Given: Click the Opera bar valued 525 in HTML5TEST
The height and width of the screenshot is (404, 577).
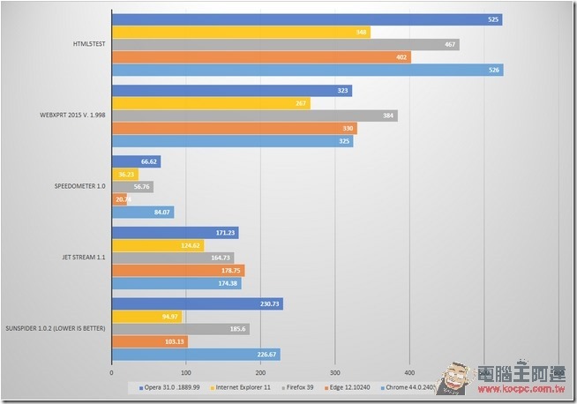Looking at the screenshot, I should [x=306, y=19].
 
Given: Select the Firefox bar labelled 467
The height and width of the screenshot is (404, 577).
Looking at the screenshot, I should [x=285, y=45].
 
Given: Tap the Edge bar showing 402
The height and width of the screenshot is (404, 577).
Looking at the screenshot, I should [x=261, y=57].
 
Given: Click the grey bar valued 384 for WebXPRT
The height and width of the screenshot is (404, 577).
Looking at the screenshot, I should [x=254, y=116].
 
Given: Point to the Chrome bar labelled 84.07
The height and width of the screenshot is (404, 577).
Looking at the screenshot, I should [x=142, y=212].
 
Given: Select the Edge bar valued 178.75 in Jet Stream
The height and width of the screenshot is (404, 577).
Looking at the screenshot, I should [x=177, y=271].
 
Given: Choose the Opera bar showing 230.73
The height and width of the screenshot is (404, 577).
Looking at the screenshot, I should [x=197, y=304].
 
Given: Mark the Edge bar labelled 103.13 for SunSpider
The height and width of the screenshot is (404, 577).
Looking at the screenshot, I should [x=150, y=341].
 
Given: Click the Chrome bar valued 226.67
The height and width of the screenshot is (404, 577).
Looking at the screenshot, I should [x=195, y=355].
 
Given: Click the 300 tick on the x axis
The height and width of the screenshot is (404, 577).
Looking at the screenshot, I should [x=334, y=372].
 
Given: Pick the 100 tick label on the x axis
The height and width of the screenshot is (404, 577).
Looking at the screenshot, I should [x=185, y=372].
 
